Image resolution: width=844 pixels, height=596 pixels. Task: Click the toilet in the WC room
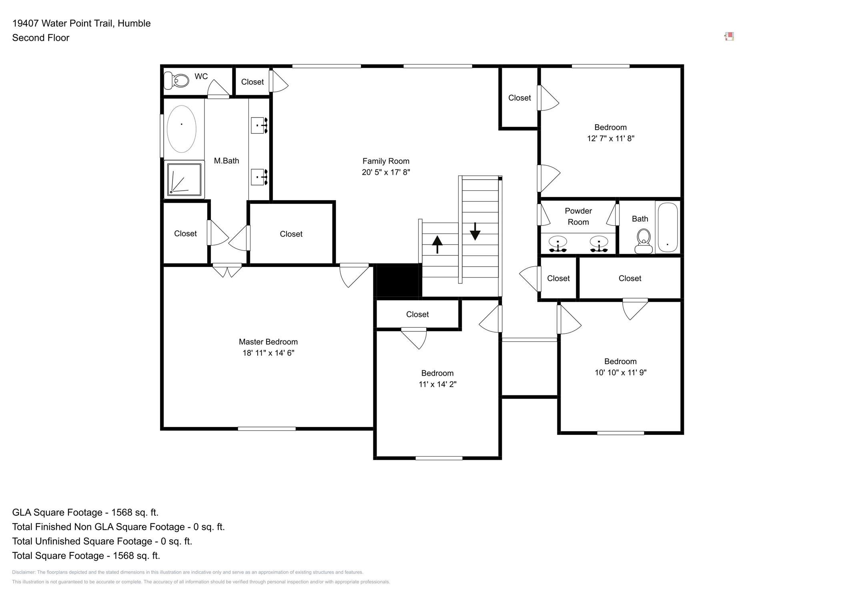(x=176, y=80)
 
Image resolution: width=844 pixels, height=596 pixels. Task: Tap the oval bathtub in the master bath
(x=181, y=129)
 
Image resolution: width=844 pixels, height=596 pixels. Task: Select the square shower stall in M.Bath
(x=184, y=179)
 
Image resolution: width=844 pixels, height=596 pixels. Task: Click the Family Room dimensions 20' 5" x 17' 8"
(x=386, y=172)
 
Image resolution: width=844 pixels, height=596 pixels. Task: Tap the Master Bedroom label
(x=268, y=342)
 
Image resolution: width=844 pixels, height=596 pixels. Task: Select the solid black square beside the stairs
(x=397, y=281)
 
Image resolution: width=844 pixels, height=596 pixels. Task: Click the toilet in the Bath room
(x=644, y=241)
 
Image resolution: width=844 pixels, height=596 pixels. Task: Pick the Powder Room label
(x=578, y=216)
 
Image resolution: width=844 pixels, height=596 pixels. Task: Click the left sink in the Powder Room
(x=557, y=243)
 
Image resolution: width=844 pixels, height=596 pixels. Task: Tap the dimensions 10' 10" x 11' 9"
(x=620, y=373)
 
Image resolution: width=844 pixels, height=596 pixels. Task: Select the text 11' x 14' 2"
(x=437, y=384)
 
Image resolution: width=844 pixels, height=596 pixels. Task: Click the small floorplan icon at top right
(x=729, y=37)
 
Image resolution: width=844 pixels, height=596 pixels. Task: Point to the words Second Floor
(x=41, y=38)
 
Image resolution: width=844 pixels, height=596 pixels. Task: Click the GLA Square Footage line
(x=85, y=512)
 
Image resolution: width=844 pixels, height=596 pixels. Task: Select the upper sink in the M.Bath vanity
(x=259, y=126)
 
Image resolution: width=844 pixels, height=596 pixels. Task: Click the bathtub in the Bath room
(x=668, y=227)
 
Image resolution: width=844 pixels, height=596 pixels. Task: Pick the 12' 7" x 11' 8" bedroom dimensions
(x=610, y=139)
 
